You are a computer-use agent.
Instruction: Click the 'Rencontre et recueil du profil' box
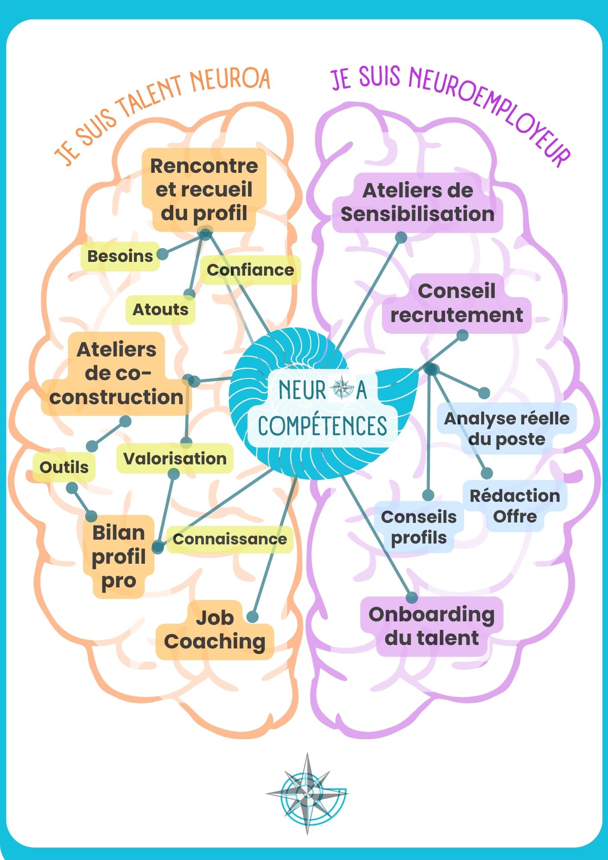click(204, 190)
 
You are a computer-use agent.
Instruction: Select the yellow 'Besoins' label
click(120, 256)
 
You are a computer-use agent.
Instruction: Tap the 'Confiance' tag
click(250, 270)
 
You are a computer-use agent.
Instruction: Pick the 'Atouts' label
click(160, 310)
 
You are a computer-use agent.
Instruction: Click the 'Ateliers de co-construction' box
click(117, 374)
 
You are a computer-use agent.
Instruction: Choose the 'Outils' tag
click(64, 467)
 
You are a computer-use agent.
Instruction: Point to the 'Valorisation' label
click(175, 458)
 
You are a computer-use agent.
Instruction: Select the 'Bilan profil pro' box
click(119, 557)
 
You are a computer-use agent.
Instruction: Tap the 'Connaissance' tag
click(230, 539)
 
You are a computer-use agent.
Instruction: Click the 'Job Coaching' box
click(215, 630)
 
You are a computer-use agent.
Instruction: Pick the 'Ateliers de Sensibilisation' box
click(418, 203)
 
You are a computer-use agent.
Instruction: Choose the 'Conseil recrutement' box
click(457, 303)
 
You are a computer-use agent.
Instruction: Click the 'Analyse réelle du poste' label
click(507, 429)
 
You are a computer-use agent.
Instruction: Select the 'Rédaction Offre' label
click(515, 506)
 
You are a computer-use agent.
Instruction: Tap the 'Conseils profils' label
click(419, 527)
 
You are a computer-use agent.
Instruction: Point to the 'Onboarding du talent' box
click(432, 627)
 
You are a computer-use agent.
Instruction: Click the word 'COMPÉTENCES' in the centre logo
click(322, 426)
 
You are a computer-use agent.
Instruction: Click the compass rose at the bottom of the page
click(307, 793)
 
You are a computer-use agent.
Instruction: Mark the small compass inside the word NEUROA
click(341, 387)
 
